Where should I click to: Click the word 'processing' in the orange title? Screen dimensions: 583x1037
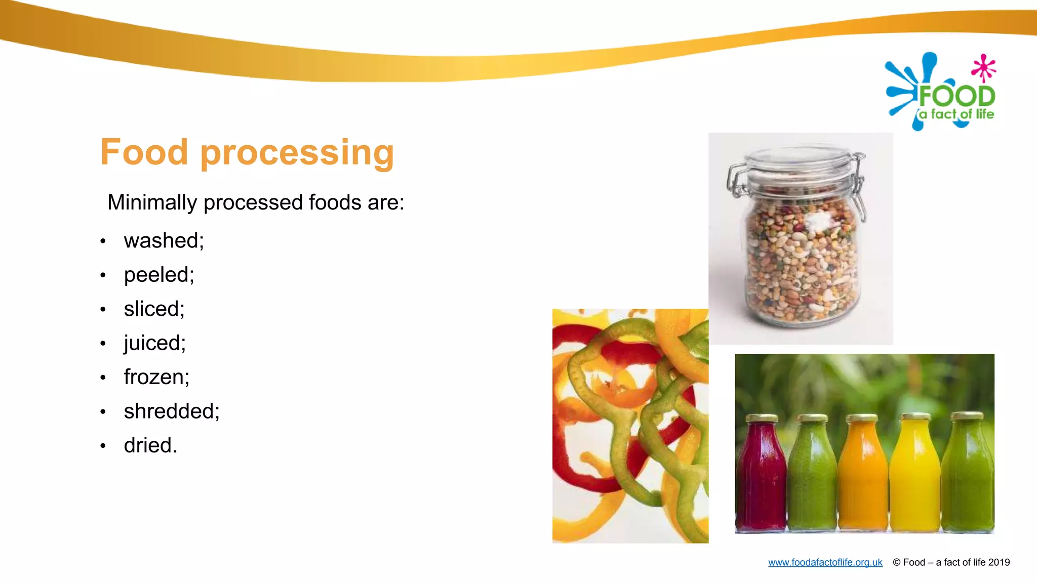pos(297,153)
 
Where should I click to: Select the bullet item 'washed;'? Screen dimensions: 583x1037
pos(164,240)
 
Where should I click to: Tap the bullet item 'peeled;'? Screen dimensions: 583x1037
pos(159,275)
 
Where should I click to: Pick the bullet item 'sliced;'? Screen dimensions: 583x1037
pos(154,309)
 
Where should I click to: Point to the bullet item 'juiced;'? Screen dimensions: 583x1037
pos(154,343)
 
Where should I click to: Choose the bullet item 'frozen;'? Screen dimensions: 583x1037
pos(156,377)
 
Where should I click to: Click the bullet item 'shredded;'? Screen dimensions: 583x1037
pos(172,411)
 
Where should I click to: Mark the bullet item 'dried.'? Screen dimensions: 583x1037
pos(150,445)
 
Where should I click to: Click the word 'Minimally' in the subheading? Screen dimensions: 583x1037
pos(152,202)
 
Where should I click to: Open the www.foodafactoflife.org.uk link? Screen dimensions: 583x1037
pos(825,562)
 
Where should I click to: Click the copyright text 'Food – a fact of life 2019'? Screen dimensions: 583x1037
pos(956,562)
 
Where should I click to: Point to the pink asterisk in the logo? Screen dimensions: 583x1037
pos(983,68)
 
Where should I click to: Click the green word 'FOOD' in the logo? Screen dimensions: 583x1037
pos(956,96)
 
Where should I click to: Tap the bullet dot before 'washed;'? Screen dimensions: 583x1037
pos(103,241)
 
